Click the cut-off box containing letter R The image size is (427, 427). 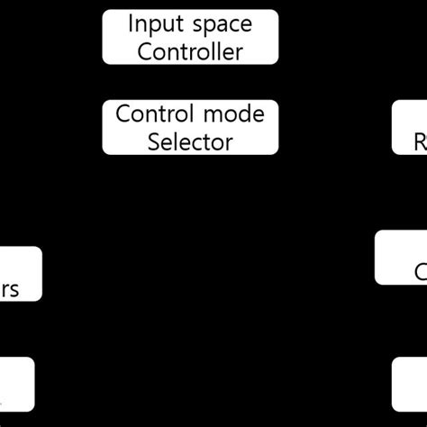(x=409, y=127)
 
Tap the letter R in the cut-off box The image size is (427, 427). (x=420, y=141)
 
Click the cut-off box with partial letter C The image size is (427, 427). (x=401, y=258)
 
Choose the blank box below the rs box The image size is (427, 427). (x=16, y=385)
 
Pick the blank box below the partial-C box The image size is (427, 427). (x=409, y=385)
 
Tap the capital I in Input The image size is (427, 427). (x=132, y=23)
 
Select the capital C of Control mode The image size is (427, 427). (x=123, y=114)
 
